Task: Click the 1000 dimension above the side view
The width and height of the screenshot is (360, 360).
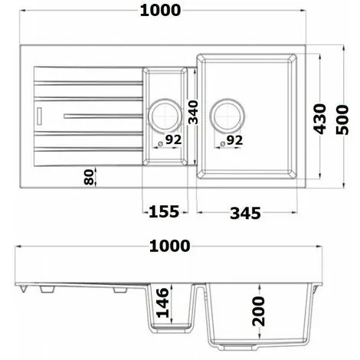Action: (x=170, y=246)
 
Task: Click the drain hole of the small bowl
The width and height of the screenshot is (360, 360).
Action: (x=163, y=115)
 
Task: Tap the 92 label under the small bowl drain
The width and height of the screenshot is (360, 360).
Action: (x=172, y=140)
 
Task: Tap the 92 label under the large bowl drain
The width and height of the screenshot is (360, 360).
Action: (x=234, y=140)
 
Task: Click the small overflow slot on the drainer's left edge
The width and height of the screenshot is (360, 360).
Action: (x=39, y=116)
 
